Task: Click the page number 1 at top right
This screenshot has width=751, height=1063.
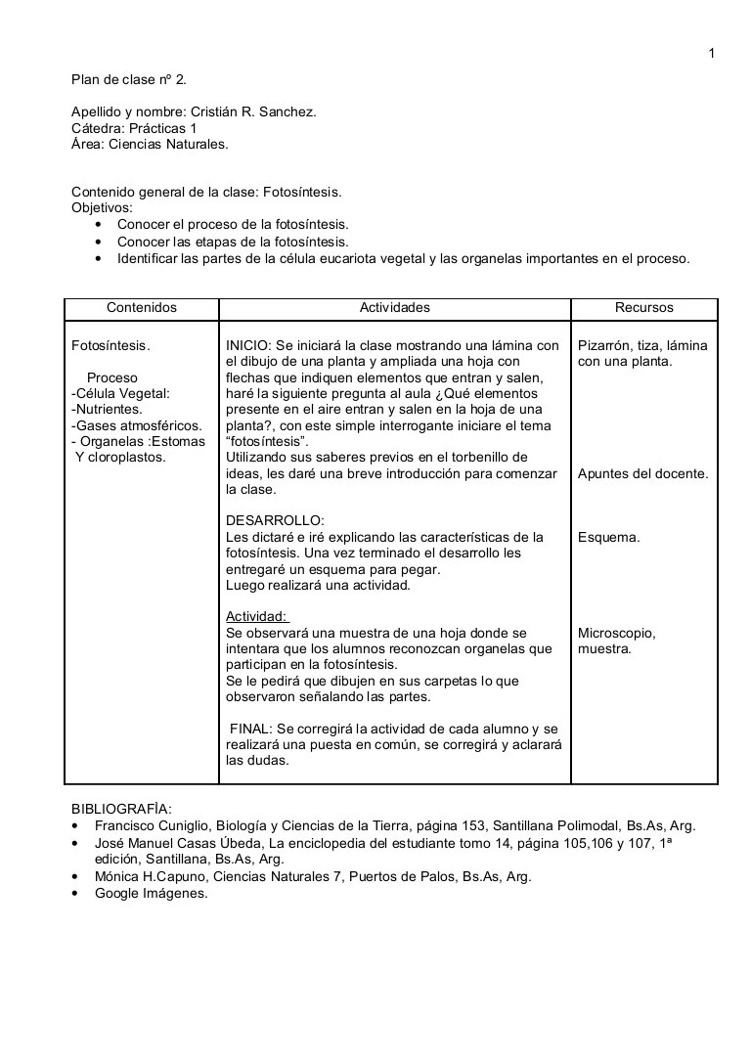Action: pos(712,53)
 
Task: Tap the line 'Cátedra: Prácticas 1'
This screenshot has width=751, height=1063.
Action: pos(134,128)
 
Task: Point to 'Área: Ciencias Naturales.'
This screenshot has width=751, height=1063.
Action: pos(150,144)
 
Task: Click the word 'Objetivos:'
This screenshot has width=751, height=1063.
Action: pos(103,208)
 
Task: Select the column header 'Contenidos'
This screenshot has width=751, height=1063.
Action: pos(142,307)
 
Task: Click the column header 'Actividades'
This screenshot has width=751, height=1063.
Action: pos(394,307)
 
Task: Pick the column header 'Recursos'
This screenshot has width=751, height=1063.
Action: pos(643,307)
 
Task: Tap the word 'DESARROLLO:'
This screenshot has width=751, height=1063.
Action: pos(275,521)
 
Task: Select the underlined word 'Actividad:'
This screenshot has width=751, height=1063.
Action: pos(257,616)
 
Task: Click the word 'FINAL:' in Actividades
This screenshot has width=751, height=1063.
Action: pos(251,729)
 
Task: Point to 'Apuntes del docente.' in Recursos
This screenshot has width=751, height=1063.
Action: pos(642,473)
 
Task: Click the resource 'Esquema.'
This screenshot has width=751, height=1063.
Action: pos(609,537)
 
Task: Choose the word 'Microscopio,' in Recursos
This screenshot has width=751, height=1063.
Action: pos(617,633)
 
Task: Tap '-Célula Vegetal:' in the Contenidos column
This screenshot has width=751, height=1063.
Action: pos(121,393)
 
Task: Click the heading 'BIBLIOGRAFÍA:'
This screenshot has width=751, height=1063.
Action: pos(121,809)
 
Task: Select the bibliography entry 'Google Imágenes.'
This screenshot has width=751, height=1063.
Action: pos(152,893)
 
